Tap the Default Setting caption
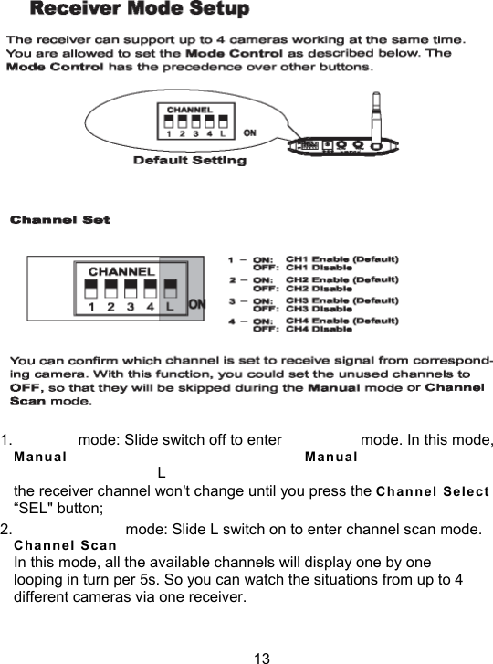tap(190, 161)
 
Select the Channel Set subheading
tap(59, 220)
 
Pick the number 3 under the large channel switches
tap(131, 309)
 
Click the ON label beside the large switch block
tap(197, 303)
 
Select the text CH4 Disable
tap(320, 330)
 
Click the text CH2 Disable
tap(320, 288)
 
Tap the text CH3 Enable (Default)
tap(341, 300)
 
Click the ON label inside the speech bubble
tap(248, 132)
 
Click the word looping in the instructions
tap(39, 582)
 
